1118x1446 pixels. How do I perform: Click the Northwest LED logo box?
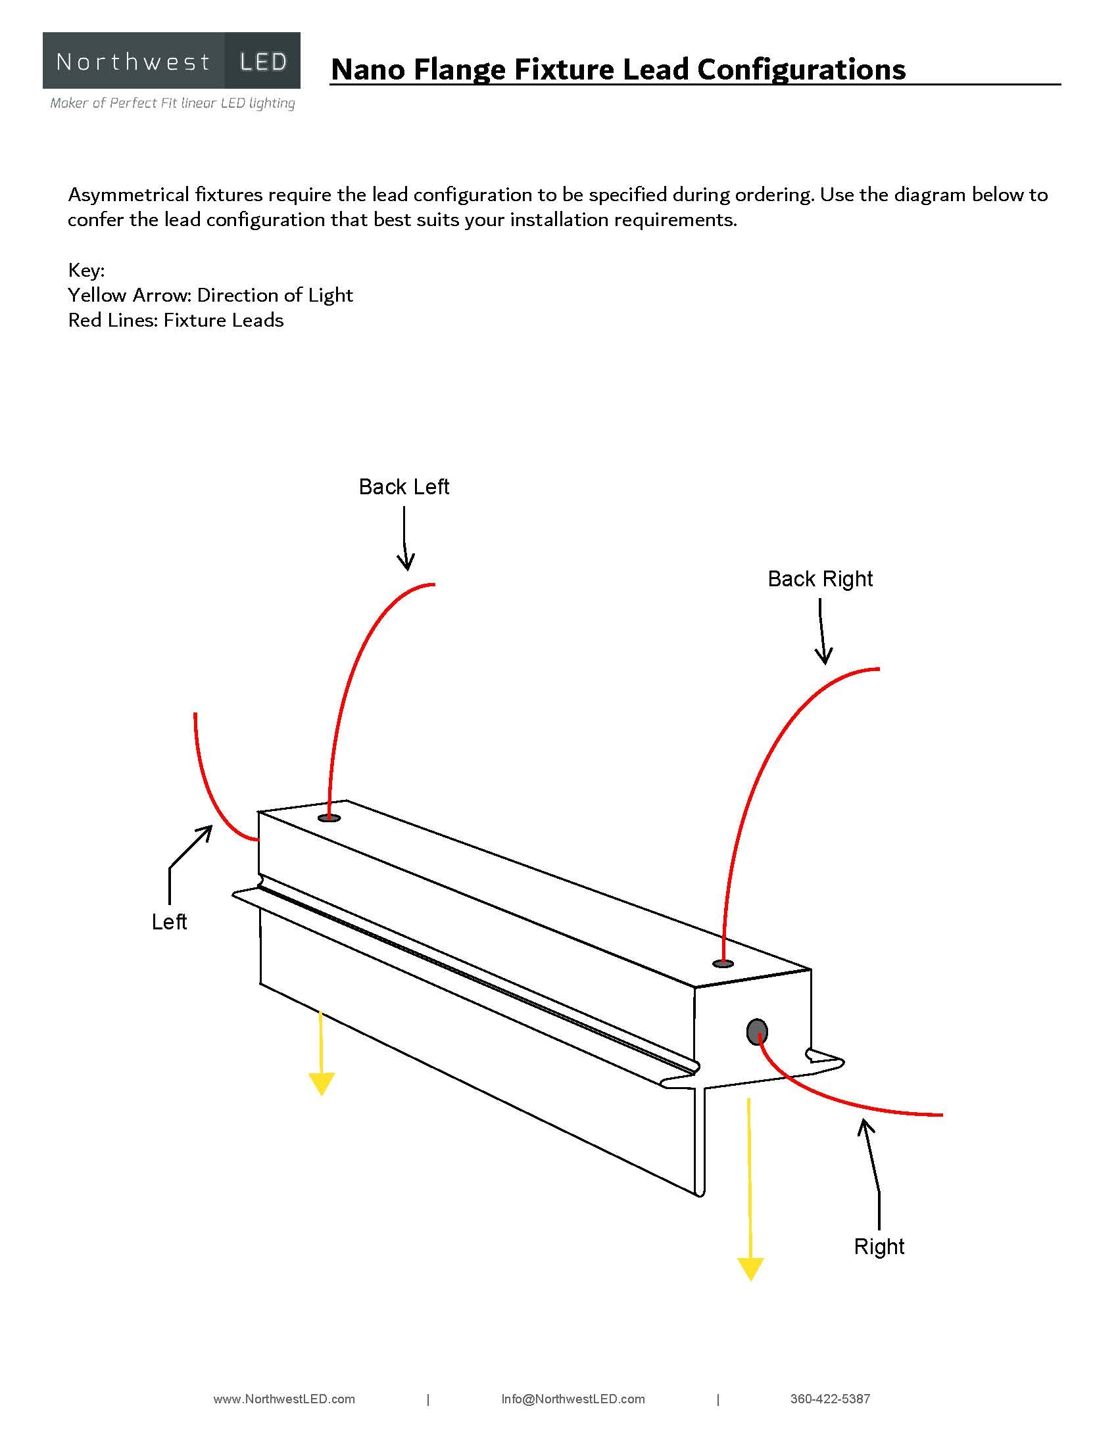(171, 61)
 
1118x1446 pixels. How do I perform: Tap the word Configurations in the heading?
(801, 69)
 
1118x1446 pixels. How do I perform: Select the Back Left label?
(403, 486)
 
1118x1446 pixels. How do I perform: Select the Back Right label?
(819, 578)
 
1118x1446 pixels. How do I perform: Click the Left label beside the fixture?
(169, 921)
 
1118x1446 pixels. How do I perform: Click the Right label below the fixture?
(878, 1246)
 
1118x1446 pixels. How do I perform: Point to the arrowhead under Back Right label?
(823, 655)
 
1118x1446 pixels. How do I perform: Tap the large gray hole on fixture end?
(756, 1031)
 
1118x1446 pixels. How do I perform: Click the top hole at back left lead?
(329, 818)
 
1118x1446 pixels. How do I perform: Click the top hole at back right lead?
(723, 964)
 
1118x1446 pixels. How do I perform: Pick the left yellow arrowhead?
(321, 1084)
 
